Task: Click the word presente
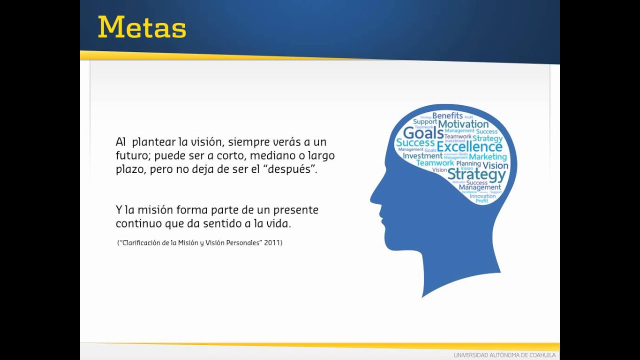click(x=295, y=210)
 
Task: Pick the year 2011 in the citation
click(x=273, y=243)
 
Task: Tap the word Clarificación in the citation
click(x=141, y=243)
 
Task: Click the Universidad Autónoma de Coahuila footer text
click(x=504, y=355)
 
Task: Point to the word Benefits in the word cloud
click(x=447, y=115)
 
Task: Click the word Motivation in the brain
click(x=463, y=124)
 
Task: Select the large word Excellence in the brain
click(x=469, y=146)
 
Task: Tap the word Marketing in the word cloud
click(x=487, y=156)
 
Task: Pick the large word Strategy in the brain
click(x=476, y=174)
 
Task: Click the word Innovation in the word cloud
click(x=482, y=196)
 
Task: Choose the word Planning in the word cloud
click(x=468, y=163)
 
